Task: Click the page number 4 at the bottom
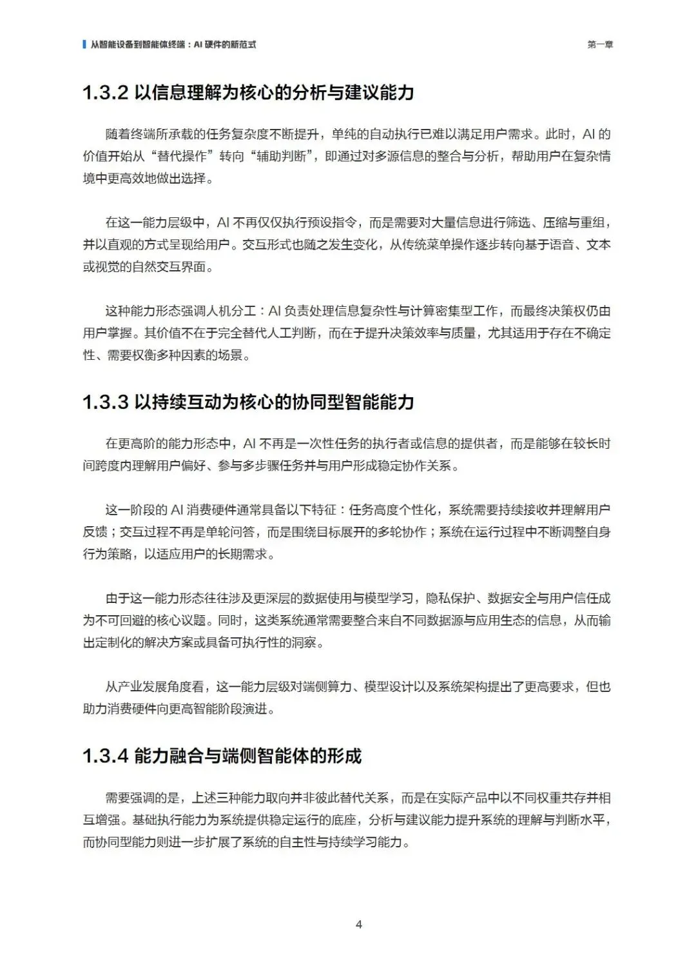359,924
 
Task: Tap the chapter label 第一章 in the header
600,44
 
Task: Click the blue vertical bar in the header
84,44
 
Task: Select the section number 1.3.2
106,93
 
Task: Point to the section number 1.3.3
106,402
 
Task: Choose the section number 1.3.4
106,756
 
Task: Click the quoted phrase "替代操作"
182,156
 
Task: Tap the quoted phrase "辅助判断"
281,156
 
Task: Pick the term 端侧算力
327,687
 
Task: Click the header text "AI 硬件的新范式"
225,44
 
